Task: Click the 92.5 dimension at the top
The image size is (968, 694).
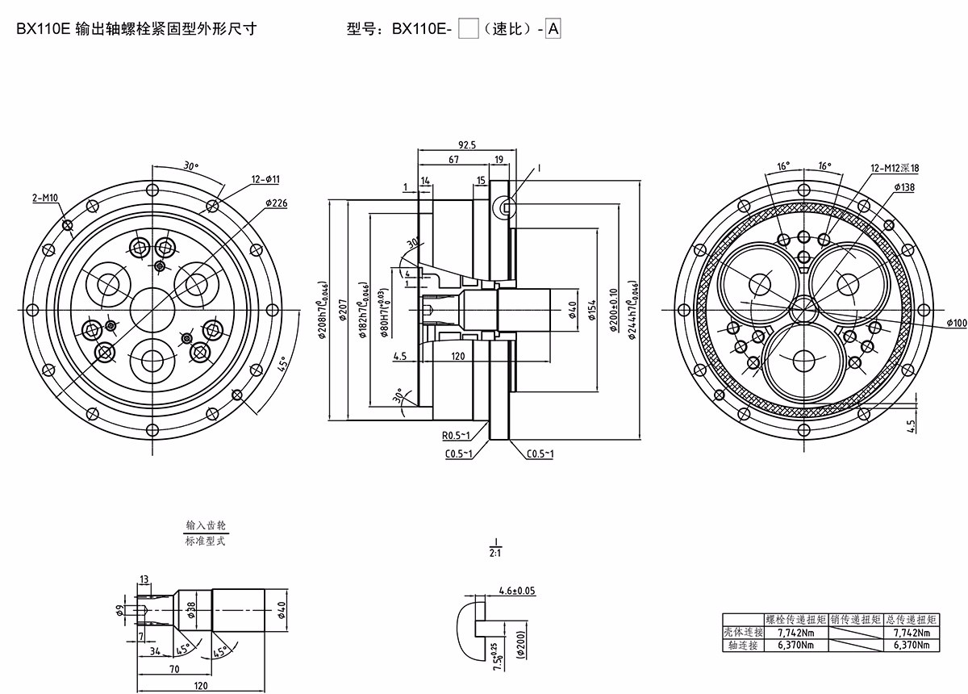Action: (x=467, y=144)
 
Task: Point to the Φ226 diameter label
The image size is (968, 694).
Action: (x=276, y=203)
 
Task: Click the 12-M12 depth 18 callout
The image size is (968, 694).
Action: (x=895, y=169)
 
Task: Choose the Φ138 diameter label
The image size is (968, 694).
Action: (x=905, y=186)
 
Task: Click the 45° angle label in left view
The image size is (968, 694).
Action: (x=283, y=365)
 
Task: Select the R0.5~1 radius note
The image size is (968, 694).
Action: (x=457, y=436)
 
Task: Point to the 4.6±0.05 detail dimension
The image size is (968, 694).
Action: (x=517, y=591)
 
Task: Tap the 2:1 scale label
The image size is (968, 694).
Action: (x=495, y=554)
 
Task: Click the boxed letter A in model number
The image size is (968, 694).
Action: (x=553, y=30)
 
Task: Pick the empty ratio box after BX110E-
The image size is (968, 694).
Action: (x=468, y=30)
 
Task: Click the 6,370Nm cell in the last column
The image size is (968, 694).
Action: (x=912, y=645)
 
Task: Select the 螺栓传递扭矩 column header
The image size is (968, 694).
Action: (x=795, y=620)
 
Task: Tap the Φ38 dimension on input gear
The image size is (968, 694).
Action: (x=192, y=609)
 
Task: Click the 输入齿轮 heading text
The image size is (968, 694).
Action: (x=206, y=525)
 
